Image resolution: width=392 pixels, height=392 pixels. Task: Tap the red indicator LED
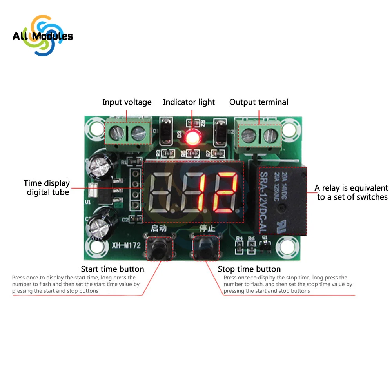tap(193, 137)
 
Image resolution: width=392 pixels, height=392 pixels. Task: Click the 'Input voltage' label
tap(127, 102)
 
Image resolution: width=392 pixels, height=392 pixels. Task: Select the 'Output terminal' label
tap(259, 102)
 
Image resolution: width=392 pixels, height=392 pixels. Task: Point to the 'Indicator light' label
tap(189, 102)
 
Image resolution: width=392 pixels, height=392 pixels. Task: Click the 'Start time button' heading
tap(113, 269)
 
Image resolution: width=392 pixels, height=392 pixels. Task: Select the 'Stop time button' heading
tap(249, 269)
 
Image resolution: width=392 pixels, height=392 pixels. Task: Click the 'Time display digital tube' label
tap(47, 187)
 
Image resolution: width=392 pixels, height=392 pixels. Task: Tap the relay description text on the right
tap(351, 192)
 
